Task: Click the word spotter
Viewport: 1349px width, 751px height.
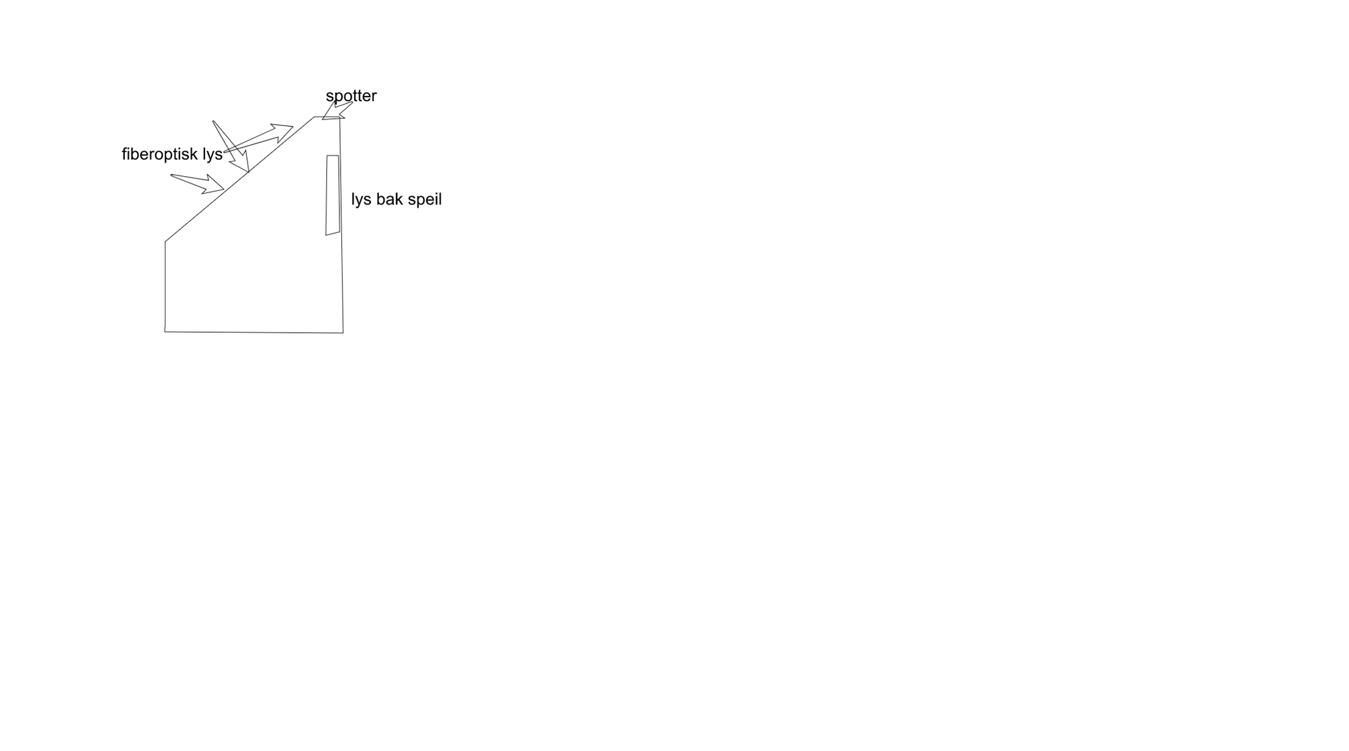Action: click(351, 96)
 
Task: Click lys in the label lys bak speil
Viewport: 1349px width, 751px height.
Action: click(362, 200)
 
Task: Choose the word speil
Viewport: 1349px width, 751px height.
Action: click(425, 200)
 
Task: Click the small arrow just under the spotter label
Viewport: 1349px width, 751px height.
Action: click(335, 110)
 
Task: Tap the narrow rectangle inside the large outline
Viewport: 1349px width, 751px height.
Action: click(333, 195)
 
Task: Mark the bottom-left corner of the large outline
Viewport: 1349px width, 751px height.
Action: click(165, 331)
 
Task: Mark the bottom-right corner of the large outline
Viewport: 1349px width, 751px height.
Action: click(343, 332)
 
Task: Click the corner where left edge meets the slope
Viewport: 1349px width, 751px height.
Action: click(165, 241)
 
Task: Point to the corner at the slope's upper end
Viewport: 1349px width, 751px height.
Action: click(314, 117)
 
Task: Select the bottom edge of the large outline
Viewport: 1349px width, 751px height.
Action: click(254, 332)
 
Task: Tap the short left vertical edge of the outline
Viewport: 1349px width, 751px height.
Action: click(165, 286)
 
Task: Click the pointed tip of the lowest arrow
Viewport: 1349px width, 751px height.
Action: click(224, 190)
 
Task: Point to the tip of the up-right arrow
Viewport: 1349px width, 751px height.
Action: click(292, 127)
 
